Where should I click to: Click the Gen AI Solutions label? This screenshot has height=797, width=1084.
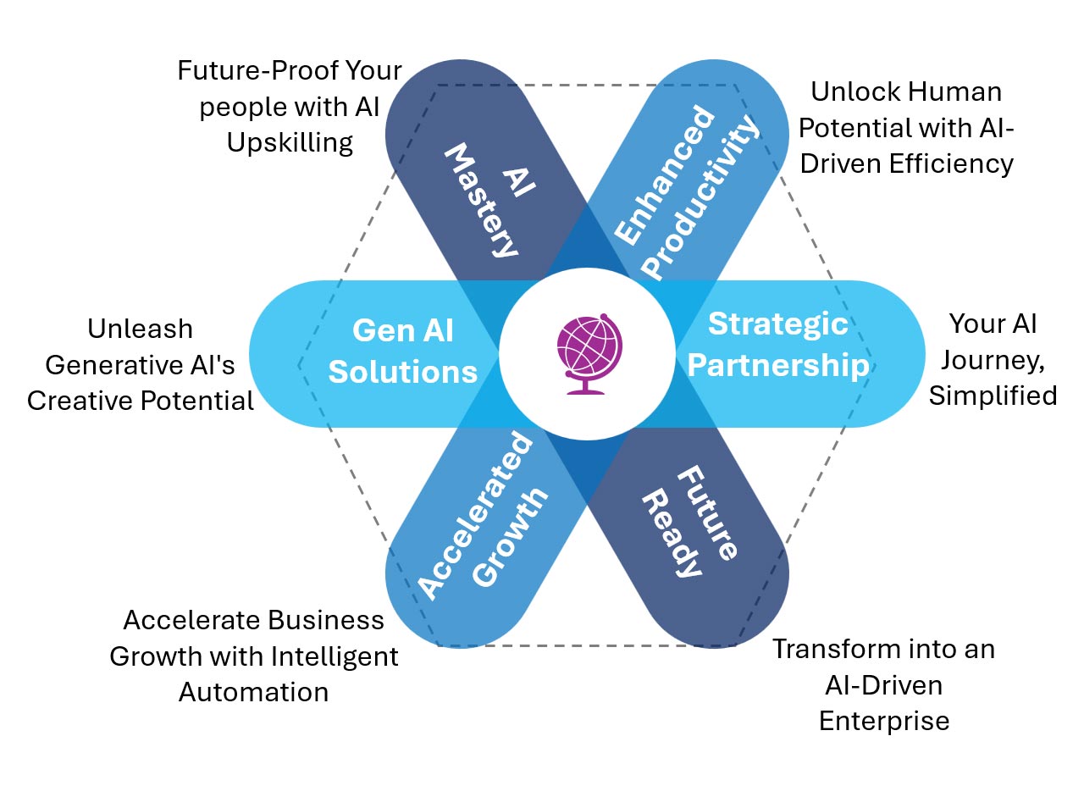coord(403,351)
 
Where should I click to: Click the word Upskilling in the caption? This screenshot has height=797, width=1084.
coord(290,142)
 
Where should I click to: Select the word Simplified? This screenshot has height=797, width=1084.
coord(993,395)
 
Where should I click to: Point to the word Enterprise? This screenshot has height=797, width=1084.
coord(883,721)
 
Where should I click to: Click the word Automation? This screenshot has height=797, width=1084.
coord(253,691)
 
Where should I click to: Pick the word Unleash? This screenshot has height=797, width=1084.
coord(141,329)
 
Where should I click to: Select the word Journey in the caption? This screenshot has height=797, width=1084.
coord(993,359)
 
